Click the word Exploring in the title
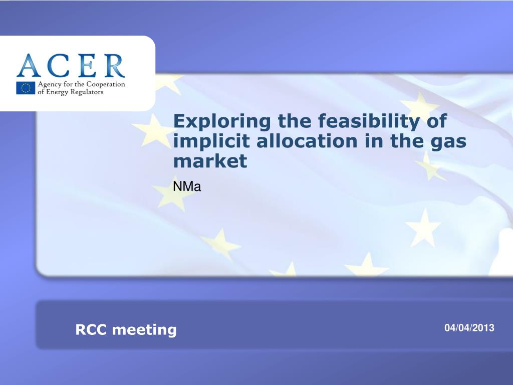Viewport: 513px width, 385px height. (222, 122)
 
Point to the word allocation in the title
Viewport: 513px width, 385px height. (307, 141)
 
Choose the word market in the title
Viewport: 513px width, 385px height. (210, 161)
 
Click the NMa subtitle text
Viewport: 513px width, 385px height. (187, 186)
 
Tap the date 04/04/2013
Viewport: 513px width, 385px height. (469, 328)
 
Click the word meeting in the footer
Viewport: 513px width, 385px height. (144, 330)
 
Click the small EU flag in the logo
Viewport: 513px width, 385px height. (26, 88)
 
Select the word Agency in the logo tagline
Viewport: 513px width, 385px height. (50, 85)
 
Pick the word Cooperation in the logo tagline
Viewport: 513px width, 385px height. (106, 85)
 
